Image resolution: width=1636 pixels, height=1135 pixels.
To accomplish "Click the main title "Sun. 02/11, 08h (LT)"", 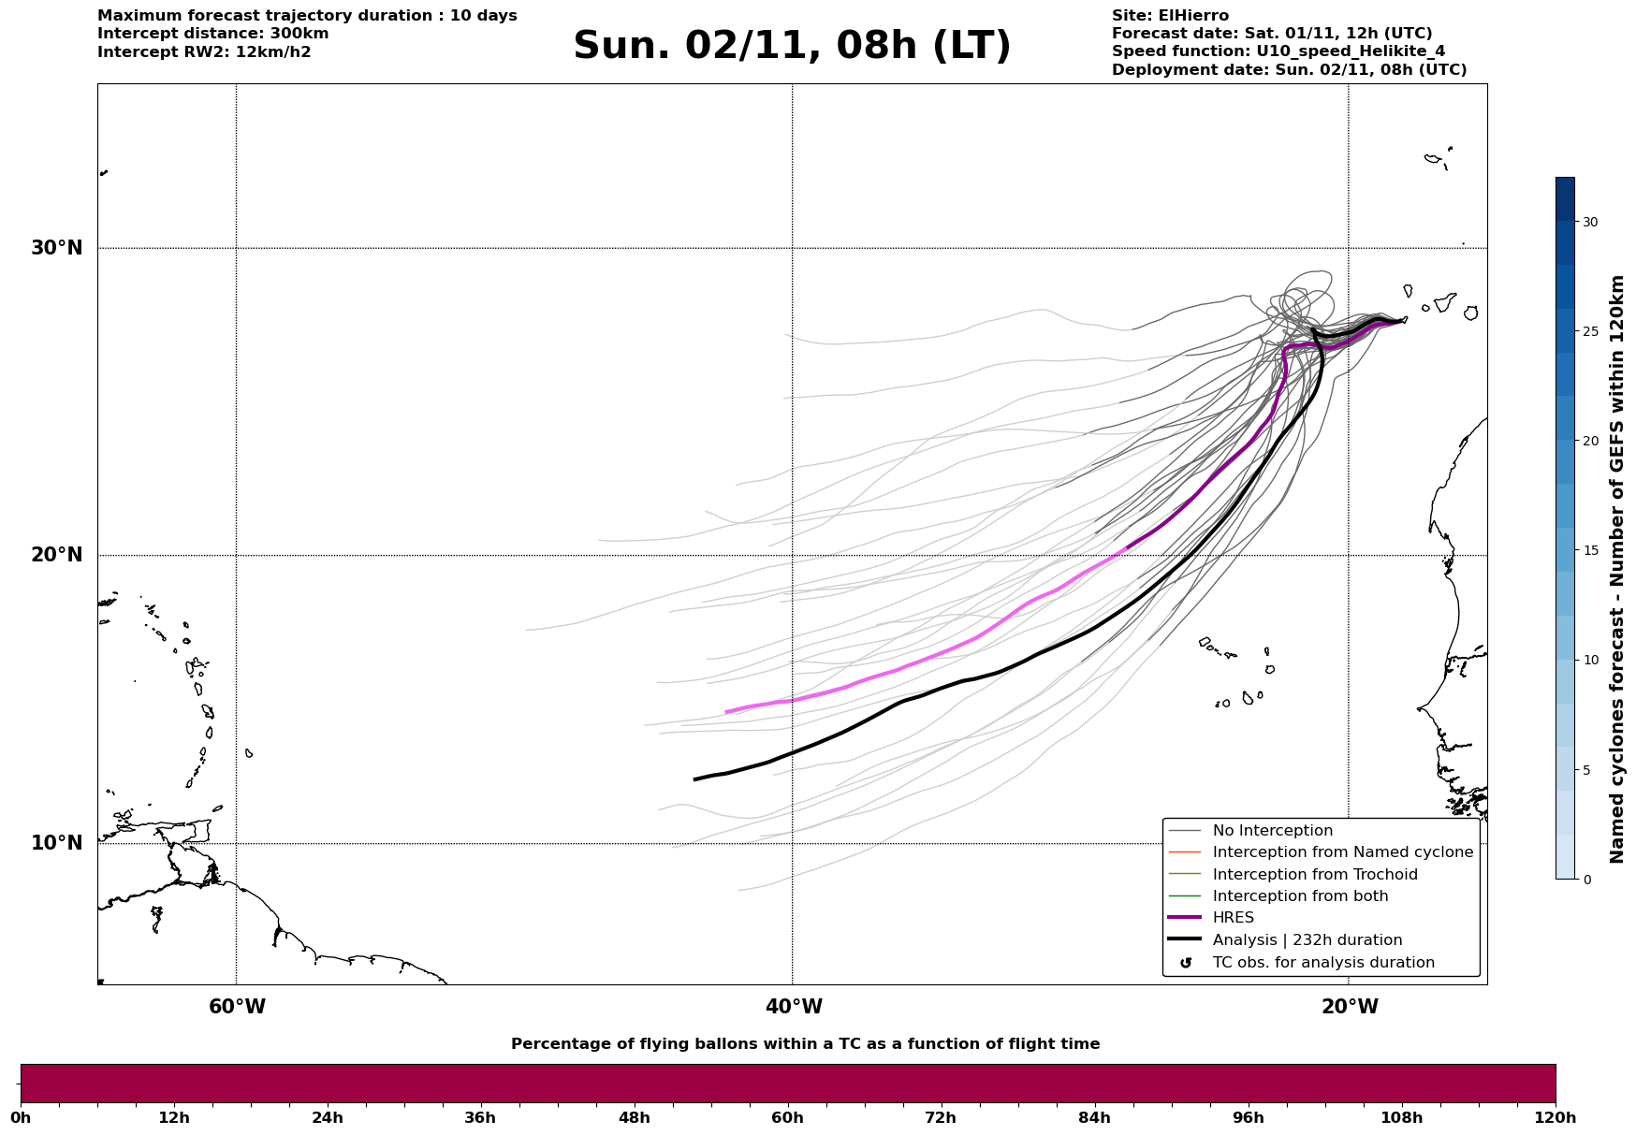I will point(792,46).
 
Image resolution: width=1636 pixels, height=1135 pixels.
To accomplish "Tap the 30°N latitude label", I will point(56,248).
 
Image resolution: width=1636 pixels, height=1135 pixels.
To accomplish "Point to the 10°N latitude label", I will point(56,843).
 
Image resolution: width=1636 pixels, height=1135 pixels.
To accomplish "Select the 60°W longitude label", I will point(237,1007).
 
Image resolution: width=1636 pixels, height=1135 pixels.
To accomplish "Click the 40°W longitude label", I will point(794,1007).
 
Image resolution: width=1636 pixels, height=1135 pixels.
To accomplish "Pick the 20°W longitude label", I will point(1350,1007).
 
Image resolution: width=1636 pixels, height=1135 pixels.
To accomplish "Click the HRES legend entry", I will point(1233,918).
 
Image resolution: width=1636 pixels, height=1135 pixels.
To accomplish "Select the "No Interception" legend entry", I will point(1272,831).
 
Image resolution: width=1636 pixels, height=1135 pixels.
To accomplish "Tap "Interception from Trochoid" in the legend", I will point(1314,875).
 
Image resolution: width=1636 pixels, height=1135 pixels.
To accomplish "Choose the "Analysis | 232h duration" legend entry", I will point(1307,940).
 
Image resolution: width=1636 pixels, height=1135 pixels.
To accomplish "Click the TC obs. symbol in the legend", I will point(1186,963).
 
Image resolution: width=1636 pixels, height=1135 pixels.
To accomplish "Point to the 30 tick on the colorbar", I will point(1589,222).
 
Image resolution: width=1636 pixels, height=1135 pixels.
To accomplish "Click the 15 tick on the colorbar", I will point(1589,550).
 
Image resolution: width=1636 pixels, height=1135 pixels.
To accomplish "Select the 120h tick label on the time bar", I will point(1556,1117).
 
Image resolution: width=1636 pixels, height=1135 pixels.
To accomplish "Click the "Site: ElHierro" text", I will point(1170,16).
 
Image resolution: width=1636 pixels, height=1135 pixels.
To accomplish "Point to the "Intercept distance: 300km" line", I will point(212,34).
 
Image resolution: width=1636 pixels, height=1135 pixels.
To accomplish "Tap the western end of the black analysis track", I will point(694,779).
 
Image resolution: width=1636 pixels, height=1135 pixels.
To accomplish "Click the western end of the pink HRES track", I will point(726,713).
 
